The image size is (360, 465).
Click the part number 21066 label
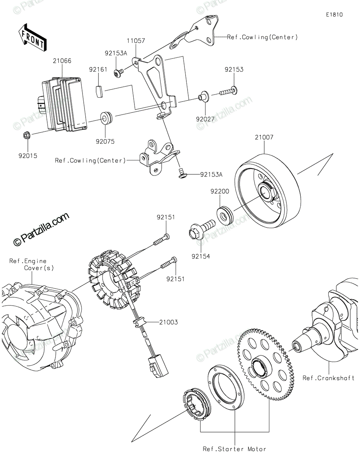(62, 61)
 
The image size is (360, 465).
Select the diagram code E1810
(334, 15)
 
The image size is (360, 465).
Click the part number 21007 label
(264, 137)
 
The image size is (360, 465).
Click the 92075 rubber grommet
(106, 117)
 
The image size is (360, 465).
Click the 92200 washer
(225, 215)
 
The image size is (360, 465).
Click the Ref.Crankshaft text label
(329, 378)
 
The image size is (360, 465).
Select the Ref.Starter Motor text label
(234, 449)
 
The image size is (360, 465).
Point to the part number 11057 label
(136, 40)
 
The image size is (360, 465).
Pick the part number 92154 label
(200, 256)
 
